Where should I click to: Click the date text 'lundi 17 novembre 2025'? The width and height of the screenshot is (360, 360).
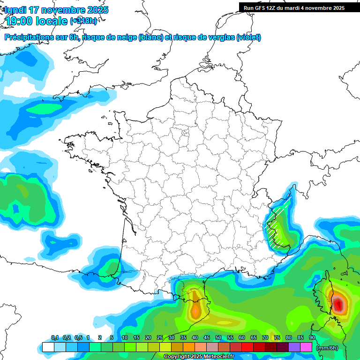click(56, 10)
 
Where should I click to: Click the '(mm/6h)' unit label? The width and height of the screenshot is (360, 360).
click(327, 347)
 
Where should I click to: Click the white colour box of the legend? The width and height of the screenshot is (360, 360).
click(48, 347)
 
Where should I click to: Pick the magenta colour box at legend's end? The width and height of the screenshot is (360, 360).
click(306, 347)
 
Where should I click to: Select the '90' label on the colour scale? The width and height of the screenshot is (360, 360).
click(312, 338)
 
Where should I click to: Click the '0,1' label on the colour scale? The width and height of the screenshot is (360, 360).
click(55, 338)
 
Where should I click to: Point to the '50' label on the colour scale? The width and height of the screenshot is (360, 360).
click(218, 338)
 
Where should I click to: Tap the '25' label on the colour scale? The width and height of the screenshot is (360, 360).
click(160, 338)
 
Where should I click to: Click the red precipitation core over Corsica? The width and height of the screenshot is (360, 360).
click(338, 302)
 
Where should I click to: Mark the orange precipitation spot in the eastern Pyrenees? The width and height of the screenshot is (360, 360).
click(195, 309)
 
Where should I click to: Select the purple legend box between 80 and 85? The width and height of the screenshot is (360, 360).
click(294, 347)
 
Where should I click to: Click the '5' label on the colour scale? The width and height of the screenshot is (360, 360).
click(112, 338)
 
